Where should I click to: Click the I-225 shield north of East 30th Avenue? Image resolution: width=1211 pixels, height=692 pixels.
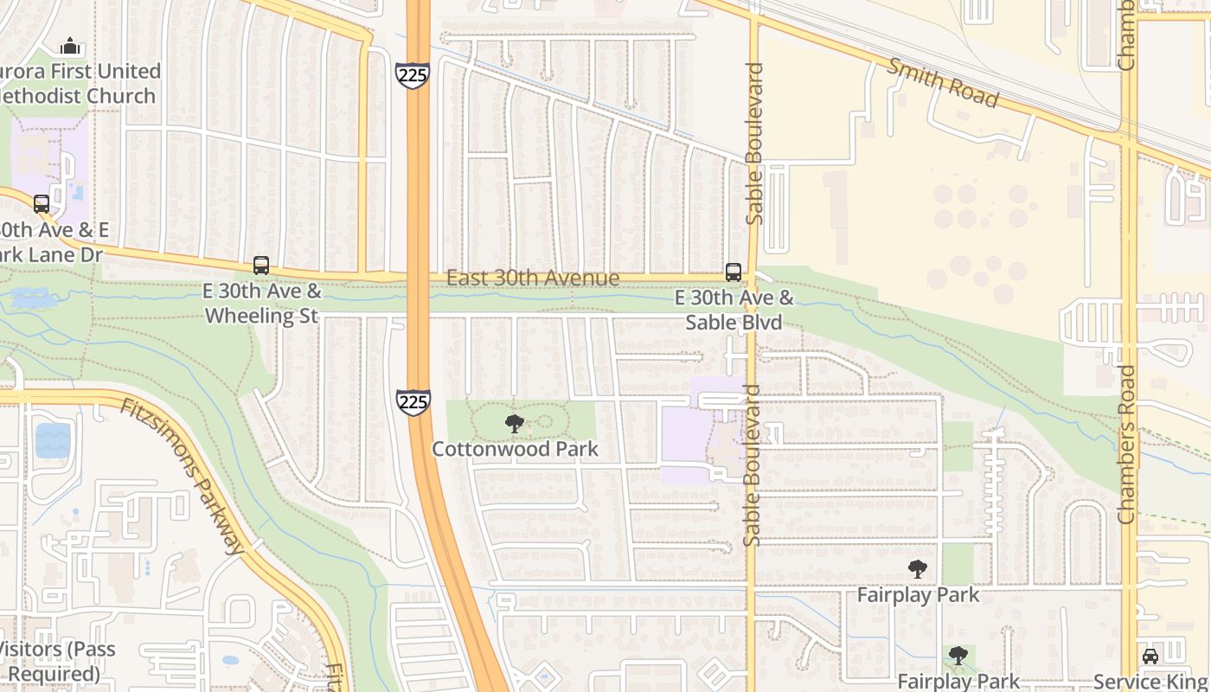click(x=413, y=74)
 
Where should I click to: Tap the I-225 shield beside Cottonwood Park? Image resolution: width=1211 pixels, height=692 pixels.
click(x=413, y=401)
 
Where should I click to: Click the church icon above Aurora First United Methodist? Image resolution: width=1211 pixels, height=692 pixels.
click(x=70, y=46)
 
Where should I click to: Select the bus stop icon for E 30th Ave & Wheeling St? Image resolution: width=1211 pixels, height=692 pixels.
click(x=261, y=266)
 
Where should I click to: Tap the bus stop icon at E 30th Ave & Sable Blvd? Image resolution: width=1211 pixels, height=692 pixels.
click(x=734, y=272)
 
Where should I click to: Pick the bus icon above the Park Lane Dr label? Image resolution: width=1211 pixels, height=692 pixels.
click(x=42, y=204)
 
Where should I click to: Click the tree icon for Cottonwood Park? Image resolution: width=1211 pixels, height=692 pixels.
click(x=515, y=424)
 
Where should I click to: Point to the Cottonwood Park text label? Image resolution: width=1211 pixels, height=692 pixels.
click(x=515, y=449)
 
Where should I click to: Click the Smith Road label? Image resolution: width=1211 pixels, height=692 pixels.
click(x=943, y=83)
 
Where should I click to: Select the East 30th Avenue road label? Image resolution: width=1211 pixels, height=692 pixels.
click(x=533, y=278)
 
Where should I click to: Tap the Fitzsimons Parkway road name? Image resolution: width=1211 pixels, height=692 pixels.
click(x=182, y=476)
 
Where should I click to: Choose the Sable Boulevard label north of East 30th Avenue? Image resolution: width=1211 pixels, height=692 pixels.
click(x=754, y=144)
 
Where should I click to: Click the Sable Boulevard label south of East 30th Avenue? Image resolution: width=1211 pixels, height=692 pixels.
click(x=752, y=465)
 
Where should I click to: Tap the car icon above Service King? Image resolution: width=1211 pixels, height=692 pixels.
click(x=1150, y=656)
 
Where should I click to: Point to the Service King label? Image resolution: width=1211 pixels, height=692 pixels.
click(x=1150, y=681)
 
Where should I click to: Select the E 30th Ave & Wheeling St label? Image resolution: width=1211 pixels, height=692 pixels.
click(x=263, y=303)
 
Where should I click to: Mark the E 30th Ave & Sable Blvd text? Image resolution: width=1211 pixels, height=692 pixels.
click(x=734, y=311)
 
